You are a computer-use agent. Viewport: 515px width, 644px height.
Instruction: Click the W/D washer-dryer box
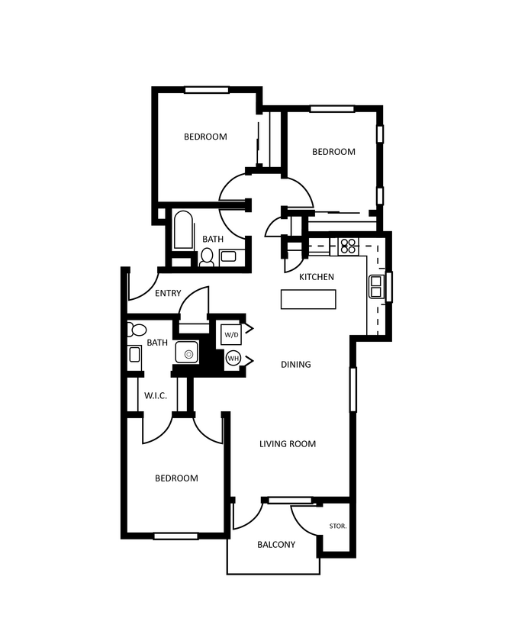tap(231, 334)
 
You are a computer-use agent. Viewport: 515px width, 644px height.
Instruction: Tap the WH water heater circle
tap(232, 357)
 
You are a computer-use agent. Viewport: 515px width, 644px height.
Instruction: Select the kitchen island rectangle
tap(308, 300)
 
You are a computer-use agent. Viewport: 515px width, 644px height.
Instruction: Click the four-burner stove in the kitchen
tap(348, 246)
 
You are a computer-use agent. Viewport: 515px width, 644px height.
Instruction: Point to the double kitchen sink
tap(376, 287)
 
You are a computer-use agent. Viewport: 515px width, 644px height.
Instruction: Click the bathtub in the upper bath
tap(183, 230)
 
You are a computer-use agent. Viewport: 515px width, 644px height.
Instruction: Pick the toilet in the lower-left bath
tap(137, 330)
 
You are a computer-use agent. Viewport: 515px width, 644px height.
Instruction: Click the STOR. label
tap(337, 526)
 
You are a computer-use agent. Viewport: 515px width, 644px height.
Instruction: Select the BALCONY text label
tap(275, 545)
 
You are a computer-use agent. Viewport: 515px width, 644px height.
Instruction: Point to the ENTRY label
tap(168, 294)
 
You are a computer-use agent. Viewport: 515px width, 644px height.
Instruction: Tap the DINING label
tap(295, 365)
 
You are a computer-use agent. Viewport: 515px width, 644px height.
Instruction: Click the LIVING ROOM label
tap(287, 444)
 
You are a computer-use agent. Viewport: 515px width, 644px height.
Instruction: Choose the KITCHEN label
tap(316, 277)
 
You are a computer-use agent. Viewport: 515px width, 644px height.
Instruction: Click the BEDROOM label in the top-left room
tap(205, 137)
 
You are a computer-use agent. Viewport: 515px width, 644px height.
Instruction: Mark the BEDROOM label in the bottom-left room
tap(176, 478)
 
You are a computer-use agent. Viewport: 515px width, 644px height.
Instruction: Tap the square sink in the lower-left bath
tap(186, 353)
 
